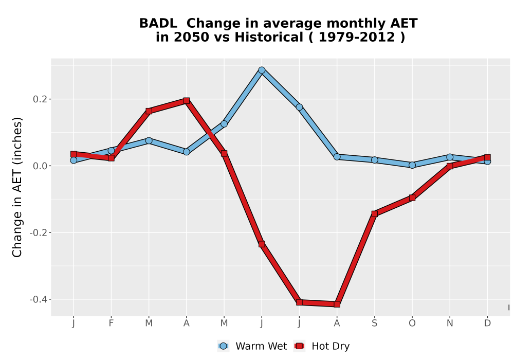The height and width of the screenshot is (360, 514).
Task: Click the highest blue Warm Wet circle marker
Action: (262, 70)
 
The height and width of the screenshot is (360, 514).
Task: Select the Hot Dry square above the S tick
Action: (374, 214)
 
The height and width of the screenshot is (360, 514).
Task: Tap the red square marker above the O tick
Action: (412, 197)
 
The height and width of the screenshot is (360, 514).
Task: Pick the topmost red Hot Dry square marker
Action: (187, 101)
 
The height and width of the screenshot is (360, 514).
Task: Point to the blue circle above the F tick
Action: (111, 151)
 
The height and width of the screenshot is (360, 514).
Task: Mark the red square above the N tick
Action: (450, 166)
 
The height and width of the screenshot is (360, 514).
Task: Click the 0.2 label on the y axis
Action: (40, 99)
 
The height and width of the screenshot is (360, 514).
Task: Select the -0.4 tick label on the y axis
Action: (39, 299)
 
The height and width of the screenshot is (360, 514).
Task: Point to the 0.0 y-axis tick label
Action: (40, 166)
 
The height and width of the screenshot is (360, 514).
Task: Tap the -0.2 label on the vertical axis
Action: (39, 233)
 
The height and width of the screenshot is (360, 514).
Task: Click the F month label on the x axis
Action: (111, 323)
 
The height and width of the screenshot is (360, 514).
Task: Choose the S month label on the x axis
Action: (374, 323)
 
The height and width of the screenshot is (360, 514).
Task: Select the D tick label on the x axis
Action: (487, 323)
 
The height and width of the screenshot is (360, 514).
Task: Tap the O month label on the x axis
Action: (412, 323)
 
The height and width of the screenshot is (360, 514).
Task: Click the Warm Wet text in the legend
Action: (261, 346)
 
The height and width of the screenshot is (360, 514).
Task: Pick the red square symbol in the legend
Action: (299, 346)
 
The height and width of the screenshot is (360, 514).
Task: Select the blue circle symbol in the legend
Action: (223, 346)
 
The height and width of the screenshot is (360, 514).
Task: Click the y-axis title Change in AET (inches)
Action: (17, 187)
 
